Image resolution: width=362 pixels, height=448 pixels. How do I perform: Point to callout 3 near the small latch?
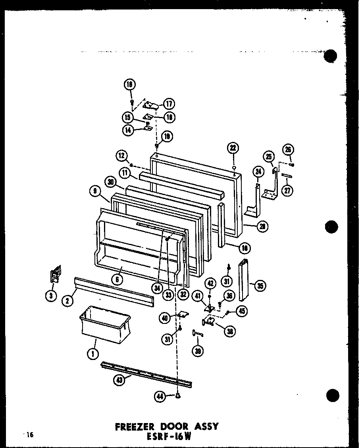(x=51, y=295)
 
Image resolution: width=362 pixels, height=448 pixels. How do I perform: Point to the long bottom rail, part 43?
(x=147, y=373)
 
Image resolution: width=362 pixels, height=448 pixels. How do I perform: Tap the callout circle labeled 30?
(x=112, y=182)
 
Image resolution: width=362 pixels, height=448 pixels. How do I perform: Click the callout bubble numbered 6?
(x=117, y=279)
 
